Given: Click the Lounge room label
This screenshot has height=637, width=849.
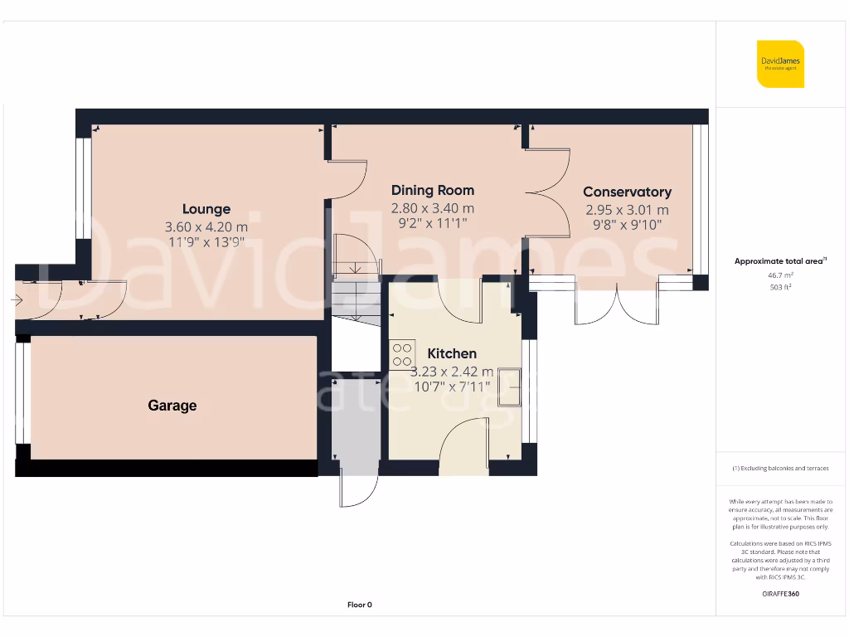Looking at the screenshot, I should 206,209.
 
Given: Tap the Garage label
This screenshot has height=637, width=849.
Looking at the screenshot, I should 172,406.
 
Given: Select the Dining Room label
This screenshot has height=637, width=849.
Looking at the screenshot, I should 433,191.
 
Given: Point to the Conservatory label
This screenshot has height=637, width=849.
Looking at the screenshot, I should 627,192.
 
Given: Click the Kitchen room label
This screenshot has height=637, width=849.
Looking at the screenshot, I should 453,353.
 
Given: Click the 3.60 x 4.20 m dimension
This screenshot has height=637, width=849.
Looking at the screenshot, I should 206,226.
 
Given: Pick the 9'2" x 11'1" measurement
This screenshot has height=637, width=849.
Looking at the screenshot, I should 433,223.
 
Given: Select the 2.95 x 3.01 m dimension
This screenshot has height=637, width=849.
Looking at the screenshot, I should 627,210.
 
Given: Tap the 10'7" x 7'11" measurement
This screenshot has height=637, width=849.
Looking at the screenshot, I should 453,386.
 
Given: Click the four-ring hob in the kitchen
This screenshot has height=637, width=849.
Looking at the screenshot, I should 403,354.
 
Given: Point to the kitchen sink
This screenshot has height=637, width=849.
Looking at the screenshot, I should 508,387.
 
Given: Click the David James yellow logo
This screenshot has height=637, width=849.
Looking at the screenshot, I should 780,64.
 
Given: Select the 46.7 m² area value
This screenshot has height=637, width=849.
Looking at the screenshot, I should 780,274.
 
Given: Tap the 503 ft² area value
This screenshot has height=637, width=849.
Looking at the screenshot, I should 780,287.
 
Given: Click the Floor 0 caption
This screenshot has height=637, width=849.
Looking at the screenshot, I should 359,605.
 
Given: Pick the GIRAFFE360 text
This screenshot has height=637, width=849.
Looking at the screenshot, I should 780,594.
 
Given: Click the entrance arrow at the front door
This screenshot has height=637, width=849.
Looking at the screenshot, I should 18,299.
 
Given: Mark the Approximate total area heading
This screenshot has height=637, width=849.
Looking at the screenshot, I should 780,260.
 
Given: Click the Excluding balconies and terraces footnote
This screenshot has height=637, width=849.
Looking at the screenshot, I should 780,469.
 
